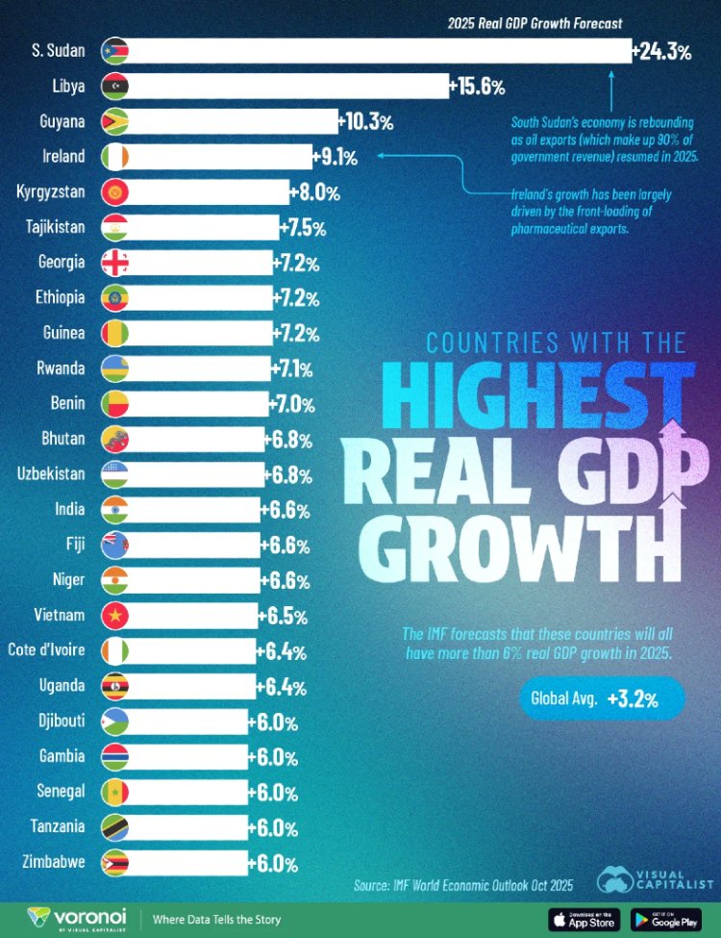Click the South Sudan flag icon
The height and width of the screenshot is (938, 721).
[x=114, y=51]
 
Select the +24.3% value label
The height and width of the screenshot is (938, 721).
[x=661, y=52]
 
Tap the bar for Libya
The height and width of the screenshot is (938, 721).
[x=288, y=87]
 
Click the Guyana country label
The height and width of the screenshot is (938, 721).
[x=61, y=121]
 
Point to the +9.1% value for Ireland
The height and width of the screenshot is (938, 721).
[x=336, y=157]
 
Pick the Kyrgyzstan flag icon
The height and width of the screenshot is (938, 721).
[x=114, y=192]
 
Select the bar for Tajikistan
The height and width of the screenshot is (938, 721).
[x=202, y=228]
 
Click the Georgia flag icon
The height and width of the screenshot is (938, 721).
[x=114, y=263]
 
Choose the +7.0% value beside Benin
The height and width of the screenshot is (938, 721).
[x=293, y=404]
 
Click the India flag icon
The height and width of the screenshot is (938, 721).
[x=114, y=510]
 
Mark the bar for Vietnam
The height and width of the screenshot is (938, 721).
[x=192, y=616]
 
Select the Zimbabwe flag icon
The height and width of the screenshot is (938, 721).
[x=114, y=862]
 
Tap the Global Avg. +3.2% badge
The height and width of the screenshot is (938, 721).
[x=601, y=699]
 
